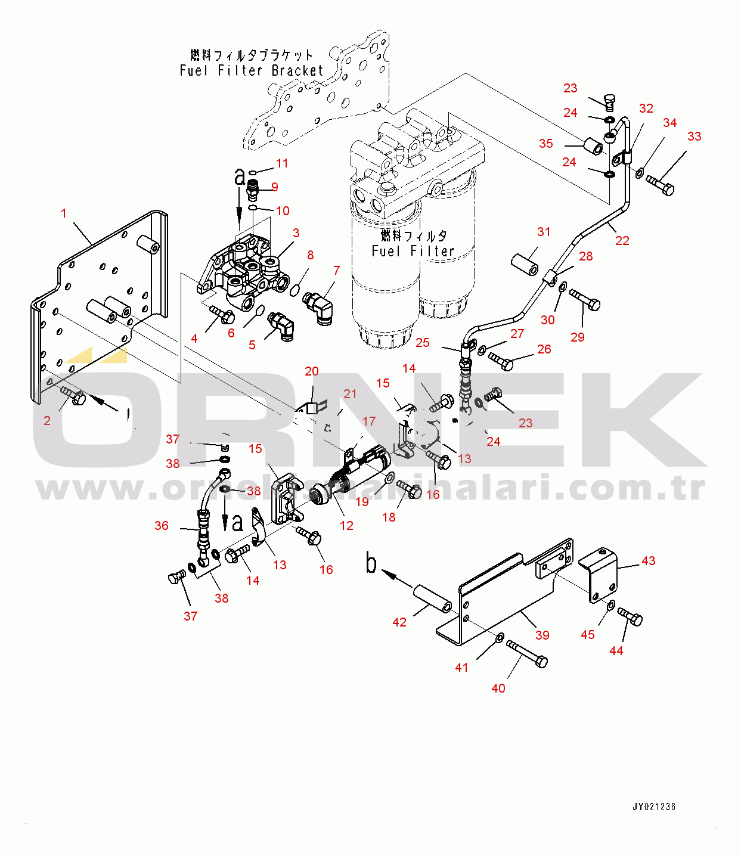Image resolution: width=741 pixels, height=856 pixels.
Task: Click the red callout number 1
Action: click(x=64, y=213)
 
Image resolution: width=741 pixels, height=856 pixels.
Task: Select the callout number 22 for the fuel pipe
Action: click(x=622, y=240)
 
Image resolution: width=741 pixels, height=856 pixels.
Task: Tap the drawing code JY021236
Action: click(x=654, y=807)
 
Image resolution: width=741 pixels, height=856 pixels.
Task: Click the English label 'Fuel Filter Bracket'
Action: click(x=251, y=70)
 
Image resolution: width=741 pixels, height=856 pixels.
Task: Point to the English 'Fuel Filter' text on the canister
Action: click(x=413, y=251)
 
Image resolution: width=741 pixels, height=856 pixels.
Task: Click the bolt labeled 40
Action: click(x=527, y=654)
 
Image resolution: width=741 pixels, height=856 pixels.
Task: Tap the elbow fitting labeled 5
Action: click(x=281, y=325)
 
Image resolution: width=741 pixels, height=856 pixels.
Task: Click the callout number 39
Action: click(x=542, y=635)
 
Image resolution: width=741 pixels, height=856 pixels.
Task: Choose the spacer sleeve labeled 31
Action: click(x=525, y=263)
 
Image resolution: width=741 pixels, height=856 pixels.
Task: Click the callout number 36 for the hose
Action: click(x=162, y=525)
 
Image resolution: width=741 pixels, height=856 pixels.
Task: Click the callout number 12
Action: click(x=346, y=525)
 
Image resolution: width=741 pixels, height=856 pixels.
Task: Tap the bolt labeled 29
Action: click(x=585, y=299)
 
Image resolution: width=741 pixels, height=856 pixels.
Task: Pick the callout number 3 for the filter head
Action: click(x=296, y=233)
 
